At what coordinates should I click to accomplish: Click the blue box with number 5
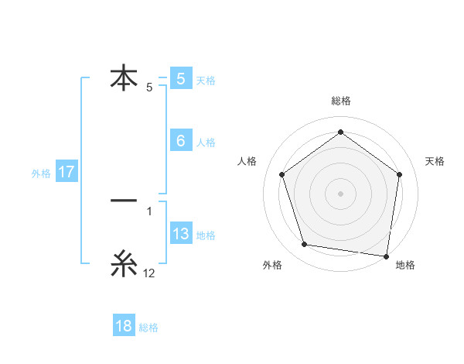point(180,78)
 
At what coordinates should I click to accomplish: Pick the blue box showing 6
point(180,141)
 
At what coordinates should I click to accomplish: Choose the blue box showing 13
point(180,234)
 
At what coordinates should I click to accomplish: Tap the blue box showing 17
point(67,172)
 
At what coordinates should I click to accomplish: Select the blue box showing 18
point(124,326)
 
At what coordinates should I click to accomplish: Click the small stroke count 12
point(149,273)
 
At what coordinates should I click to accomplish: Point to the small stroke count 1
point(149,211)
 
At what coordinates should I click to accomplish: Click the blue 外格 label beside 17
point(41,173)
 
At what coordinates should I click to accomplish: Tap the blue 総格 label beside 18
point(148,327)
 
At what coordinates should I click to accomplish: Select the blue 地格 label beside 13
point(206,235)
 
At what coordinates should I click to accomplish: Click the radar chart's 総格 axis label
point(340,101)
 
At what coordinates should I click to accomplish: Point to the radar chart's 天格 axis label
point(435,161)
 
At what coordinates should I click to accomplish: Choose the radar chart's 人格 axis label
point(247,161)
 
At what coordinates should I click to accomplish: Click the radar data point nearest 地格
point(385,255)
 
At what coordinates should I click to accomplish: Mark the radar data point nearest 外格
point(305,245)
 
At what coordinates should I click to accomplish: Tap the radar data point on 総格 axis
point(340,132)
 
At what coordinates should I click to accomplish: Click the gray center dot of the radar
point(340,193)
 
